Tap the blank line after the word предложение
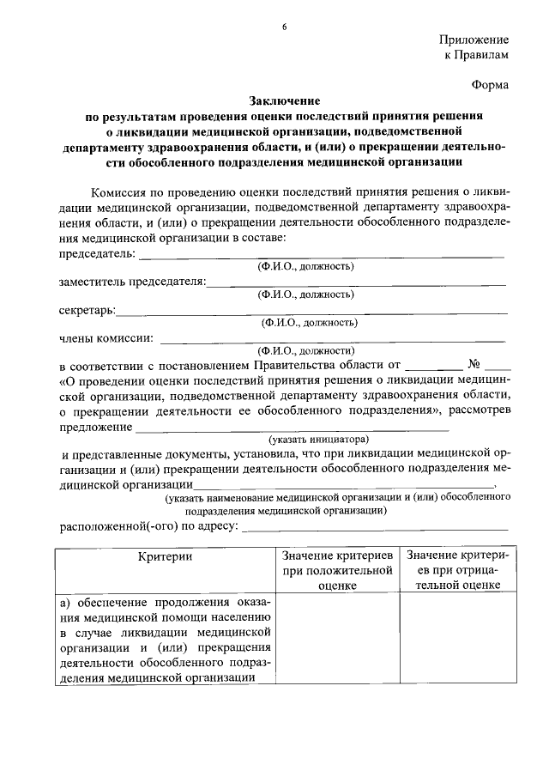click(x=292, y=428)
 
